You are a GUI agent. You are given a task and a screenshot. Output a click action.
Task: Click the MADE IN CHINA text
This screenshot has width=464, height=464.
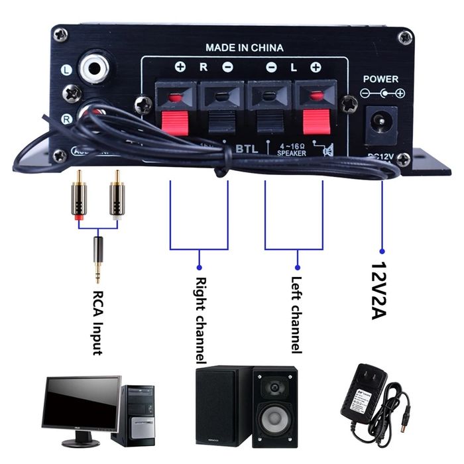(x=244, y=48)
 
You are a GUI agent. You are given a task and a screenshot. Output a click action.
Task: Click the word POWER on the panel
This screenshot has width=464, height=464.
(x=380, y=79)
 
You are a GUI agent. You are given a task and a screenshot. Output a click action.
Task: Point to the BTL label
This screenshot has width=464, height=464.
(x=247, y=148)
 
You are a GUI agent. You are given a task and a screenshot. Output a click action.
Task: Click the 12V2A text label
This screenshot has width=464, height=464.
(x=380, y=291)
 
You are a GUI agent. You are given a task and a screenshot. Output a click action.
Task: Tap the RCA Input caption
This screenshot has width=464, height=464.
(x=97, y=321)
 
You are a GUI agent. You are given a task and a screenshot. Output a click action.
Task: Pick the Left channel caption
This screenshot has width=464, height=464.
(x=296, y=314)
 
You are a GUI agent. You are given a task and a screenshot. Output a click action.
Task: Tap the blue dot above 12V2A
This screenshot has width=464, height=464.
(x=382, y=251)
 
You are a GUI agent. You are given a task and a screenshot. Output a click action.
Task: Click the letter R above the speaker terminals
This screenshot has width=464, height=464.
(x=203, y=67)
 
